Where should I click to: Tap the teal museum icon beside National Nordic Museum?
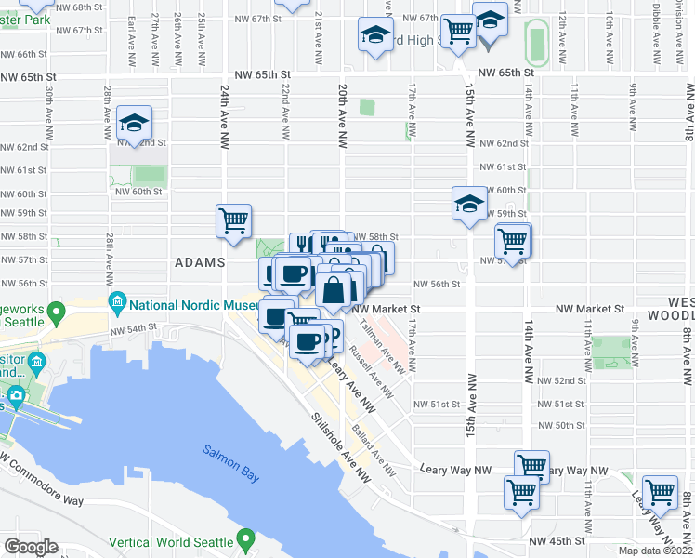point(117,303)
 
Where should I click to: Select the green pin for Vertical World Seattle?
point(245,538)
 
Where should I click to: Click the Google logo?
point(31,547)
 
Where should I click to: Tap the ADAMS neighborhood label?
point(200,263)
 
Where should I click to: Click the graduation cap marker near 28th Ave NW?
point(134,124)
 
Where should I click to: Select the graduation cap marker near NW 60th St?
point(470,204)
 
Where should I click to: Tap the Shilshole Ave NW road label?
point(339,446)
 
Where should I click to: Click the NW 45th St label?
point(557,540)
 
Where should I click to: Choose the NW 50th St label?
point(560,425)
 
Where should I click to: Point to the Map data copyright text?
point(658,551)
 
